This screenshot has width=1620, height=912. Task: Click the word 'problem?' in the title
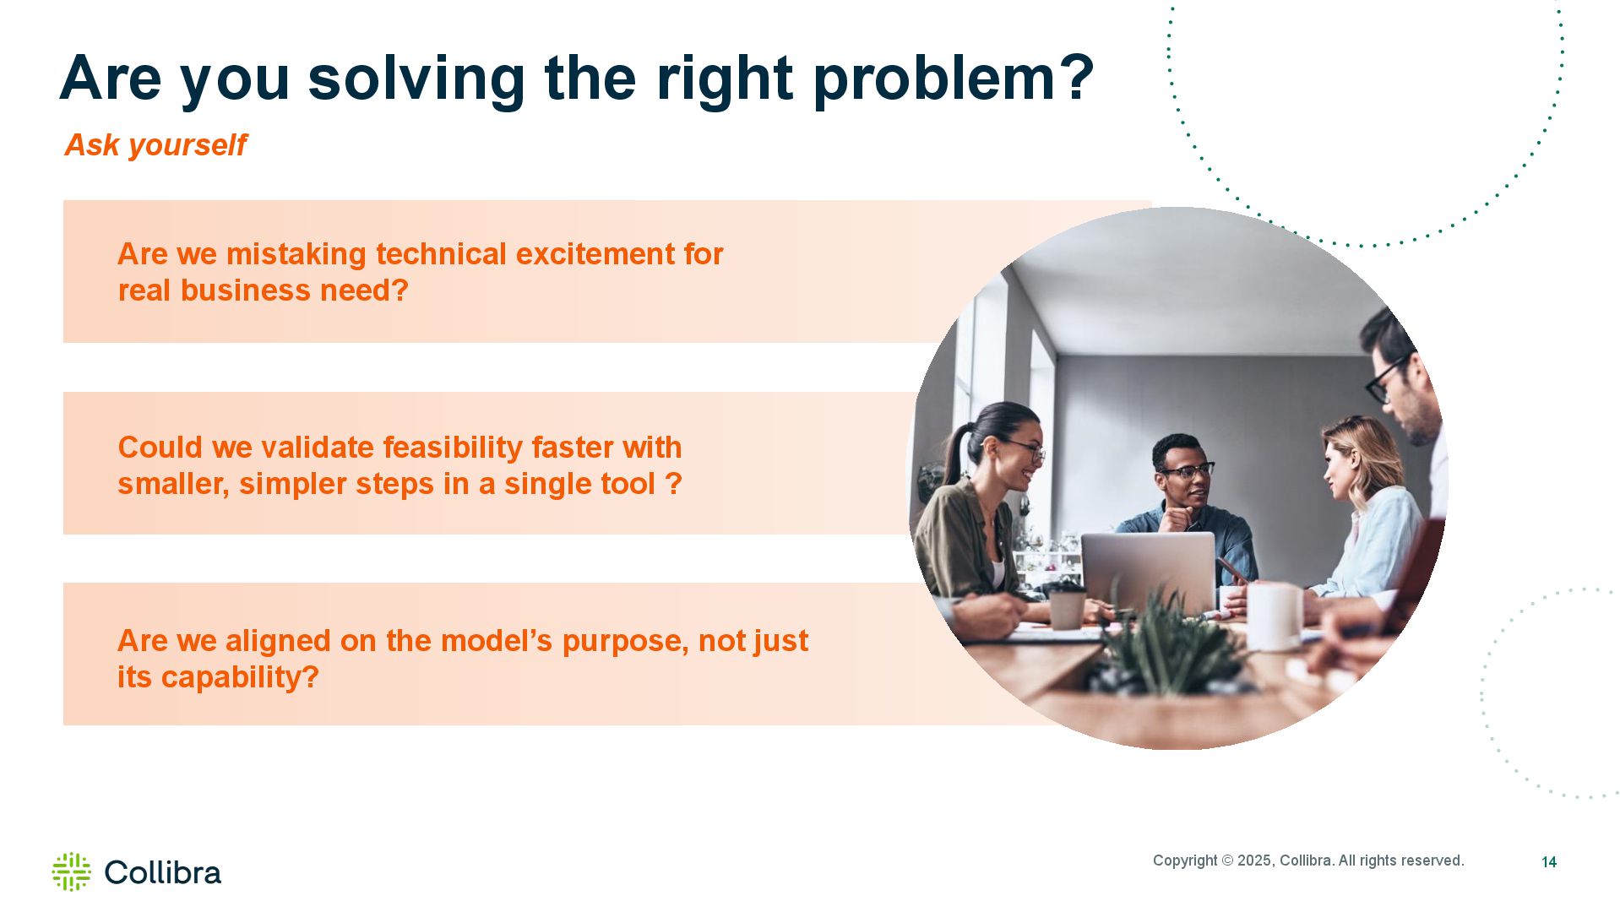(954, 79)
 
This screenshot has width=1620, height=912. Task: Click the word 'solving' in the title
(416, 79)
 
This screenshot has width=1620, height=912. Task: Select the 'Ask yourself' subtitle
(155, 145)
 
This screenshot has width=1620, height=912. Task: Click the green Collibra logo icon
(71, 871)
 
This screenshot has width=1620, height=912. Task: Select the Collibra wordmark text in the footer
(163, 872)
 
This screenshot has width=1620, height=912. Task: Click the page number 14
(1549, 862)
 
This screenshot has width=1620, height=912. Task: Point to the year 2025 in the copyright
(1254, 860)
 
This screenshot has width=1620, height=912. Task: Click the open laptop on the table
(1149, 573)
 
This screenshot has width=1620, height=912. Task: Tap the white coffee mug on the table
(1275, 616)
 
